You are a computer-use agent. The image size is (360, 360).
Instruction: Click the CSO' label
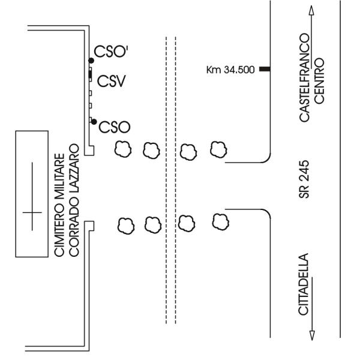pyautogui.click(x=111, y=52)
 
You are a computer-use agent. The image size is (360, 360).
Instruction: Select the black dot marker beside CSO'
pyautogui.click(x=91, y=60)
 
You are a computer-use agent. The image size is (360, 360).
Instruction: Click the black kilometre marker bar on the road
pyautogui.click(x=264, y=70)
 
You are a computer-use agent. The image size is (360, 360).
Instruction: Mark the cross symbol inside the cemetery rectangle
pyautogui.click(x=32, y=213)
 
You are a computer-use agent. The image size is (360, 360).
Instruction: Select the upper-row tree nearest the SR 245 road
pyautogui.click(x=217, y=148)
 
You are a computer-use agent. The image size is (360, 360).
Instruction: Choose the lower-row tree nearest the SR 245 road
pyautogui.click(x=217, y=220)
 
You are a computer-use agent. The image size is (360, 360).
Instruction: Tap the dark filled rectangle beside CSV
pyautogui.click(x=91, y=74)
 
